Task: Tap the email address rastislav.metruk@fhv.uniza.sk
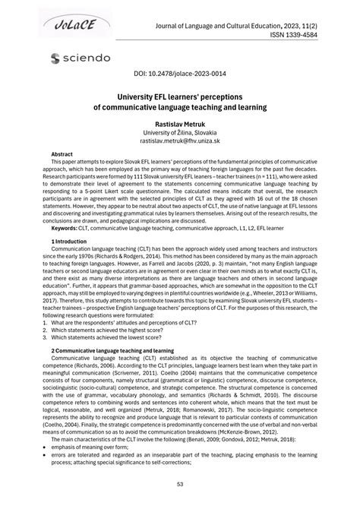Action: click(179, 141)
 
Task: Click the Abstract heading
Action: click(62, 153)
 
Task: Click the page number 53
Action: click(179, 484)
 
